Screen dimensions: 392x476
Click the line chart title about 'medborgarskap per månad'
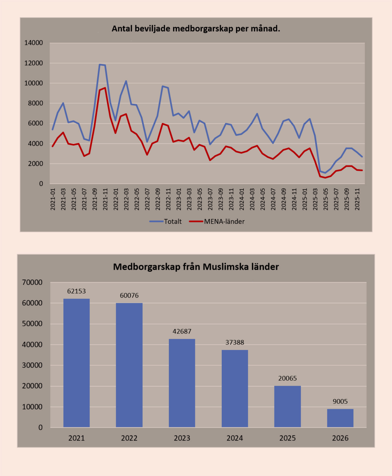(x=196, y=28)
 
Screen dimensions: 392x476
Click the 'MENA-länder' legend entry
(x=217, y=221)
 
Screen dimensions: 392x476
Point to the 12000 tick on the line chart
(x=34, y=63)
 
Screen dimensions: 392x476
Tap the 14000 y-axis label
(x=34, y=43)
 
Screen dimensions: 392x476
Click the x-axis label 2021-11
(x=105, y=199)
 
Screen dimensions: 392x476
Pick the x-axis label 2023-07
(x=210, y=199)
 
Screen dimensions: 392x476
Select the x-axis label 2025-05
(x=326, y=199)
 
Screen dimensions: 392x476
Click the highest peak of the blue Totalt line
(x=100, y=64)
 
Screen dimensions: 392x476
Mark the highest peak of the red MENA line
(x=105, y=88)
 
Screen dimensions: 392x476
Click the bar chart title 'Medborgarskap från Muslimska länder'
(x=196, y=267)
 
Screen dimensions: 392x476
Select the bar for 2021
(x=77, y=363)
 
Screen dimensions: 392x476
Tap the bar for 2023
(x=182, y=383)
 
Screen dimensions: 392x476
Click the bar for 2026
(x=340, y=418)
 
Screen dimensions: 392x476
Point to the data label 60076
(x=129, y=295)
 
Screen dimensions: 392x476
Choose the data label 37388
(x=235, y=342)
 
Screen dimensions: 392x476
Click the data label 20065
(x=288, y=378)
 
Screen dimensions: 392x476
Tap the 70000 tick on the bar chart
(x=32, y=282)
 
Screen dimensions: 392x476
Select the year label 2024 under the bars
(x=235, y=438)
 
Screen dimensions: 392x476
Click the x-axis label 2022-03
(x=126, y=199)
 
